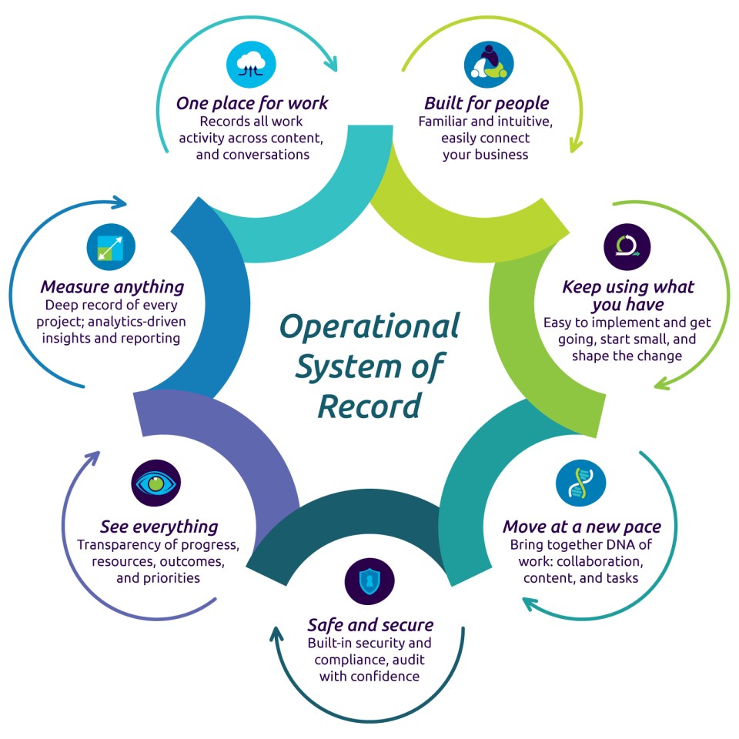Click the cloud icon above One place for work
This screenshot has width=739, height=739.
point(251,65)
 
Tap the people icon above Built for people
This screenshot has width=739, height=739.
point(488,65)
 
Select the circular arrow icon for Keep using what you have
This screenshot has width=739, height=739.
point(627,246)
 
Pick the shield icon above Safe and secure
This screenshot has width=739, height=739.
point(369,580)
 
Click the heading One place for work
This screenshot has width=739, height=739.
point(252,103)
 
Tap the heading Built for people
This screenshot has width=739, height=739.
point(487,103)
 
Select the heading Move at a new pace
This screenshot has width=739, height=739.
point(581,527)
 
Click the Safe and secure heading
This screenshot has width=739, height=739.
point(370,624)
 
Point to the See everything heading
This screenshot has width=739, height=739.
point(159,527)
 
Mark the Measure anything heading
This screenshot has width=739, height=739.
point(112,287)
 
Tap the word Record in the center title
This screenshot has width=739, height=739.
point(369,404)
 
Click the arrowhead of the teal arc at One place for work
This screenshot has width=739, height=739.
point(334,62)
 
